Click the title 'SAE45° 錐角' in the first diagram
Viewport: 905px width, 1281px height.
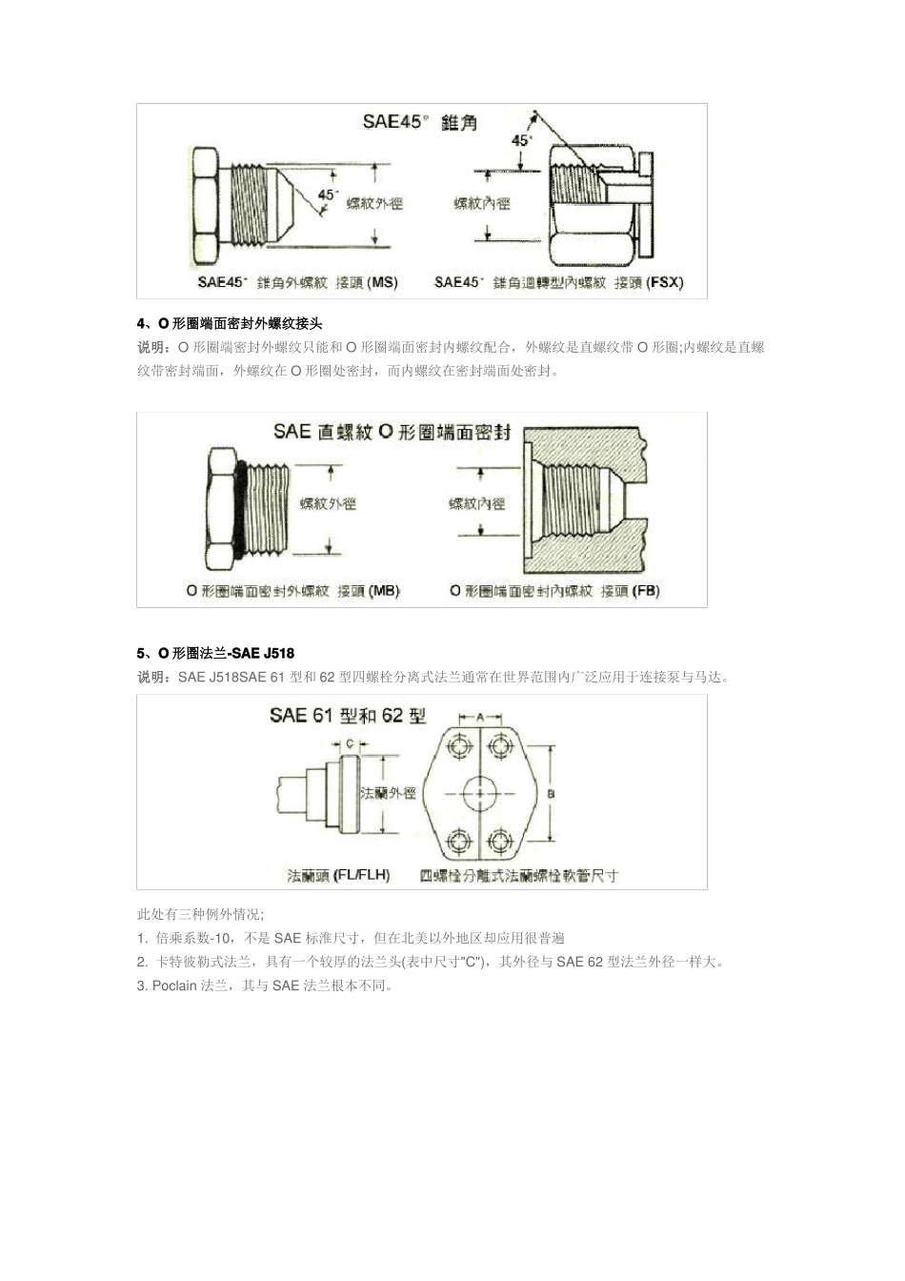pyautogui.click(x=419, y=122)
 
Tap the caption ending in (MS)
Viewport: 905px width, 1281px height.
pyautogui.click(x=297, y=282)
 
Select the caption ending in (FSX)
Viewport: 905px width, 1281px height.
pyautogui.click(x=558, y=282)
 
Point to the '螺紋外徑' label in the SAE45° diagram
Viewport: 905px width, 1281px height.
pyautogui.click(x=373, y=203)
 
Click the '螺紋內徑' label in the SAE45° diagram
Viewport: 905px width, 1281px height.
pyautogui.click(x=482, y=203)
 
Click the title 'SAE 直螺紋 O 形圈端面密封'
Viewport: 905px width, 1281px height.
pyautogui.click(x=392, y=432)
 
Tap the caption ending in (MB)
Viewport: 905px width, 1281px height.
pyautogui.click(x=292, y=591)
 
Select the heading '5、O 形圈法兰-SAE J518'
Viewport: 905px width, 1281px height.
pyautogui.click(x=215, y=653)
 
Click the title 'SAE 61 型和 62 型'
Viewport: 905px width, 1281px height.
pyautogui.click(x=347, y=716)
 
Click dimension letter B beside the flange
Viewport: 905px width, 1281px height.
pyautogui.click(x=553, y=793)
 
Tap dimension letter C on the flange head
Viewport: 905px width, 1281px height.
pyautogui.click(x=350, y=743)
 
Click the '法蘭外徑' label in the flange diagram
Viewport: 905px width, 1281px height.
pyautogui.click(x=388, y=793)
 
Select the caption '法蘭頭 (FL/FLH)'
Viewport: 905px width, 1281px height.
pyautogui.click(x=338, y=874)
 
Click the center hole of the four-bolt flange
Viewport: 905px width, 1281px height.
pyautogui.click(x=480, y=793)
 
